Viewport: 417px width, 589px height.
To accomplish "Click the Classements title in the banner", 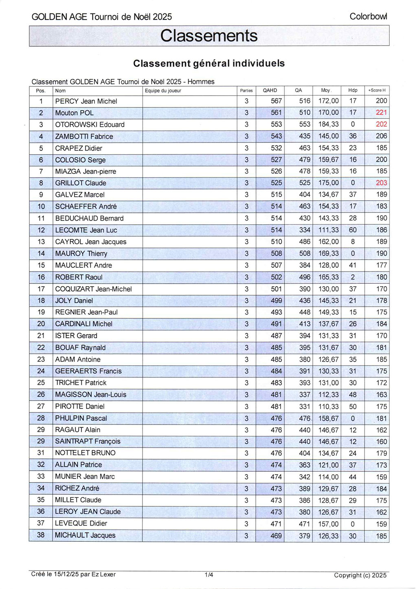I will coord(208,36).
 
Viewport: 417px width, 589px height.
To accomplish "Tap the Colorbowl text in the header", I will coord(368,17).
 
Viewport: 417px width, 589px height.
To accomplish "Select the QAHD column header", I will coord(270,90).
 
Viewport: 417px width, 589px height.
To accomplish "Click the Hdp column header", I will coord(353,90).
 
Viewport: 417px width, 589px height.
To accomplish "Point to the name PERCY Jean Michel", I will coord(86,101).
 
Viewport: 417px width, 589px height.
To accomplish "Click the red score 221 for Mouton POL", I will coord(381,113).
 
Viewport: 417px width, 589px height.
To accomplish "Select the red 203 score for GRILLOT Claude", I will coord(381,183).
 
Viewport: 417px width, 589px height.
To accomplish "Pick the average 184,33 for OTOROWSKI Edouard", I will coord(328,125).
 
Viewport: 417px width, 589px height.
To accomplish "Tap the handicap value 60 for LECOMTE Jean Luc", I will coord(353,230).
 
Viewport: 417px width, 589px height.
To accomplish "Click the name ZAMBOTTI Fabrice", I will coord(84,136).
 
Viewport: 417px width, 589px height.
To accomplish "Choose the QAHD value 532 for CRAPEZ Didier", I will coord(276,148).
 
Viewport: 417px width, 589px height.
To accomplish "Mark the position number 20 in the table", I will coord(41,324).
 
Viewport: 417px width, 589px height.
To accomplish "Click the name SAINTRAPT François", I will coord(88,441).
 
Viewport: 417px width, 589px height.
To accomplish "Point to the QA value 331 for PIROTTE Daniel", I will coord(304,406).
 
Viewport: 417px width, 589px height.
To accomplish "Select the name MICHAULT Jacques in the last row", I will coord(85,535).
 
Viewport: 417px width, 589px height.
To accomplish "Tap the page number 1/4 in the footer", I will coord(208,575).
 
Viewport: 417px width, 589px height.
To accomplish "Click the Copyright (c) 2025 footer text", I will coord(360,575).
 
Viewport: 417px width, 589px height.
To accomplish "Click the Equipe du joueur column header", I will coord(163,90).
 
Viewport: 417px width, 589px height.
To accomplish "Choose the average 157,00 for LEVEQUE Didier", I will coord(328,524).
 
